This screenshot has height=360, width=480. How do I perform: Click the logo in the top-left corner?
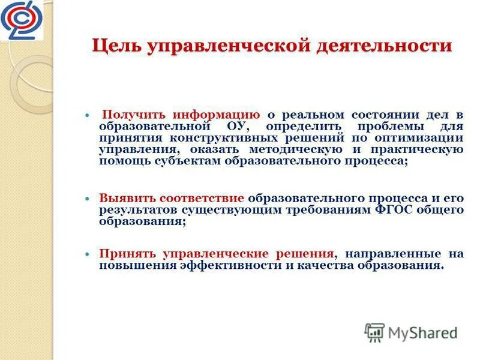[22, 20]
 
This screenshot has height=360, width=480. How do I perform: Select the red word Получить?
[135, 115]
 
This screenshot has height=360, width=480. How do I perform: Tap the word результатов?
[136, 209]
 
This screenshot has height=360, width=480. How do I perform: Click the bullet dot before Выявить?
[87, 198]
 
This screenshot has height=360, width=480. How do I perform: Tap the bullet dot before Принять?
[87, 254]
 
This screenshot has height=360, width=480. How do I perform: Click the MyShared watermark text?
[422, 332]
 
